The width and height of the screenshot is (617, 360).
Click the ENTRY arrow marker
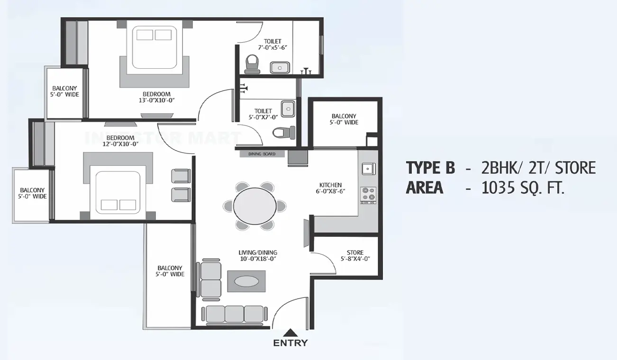pyautogui.click(x=290, y=333)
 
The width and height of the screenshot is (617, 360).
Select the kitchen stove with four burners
pyautogui.click(x=368, y=194)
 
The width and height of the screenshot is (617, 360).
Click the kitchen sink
pyautogui.click(x=368, y=168)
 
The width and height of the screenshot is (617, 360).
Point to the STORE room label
pyautogui.click(x=355, y=256)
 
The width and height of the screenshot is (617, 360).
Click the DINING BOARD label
pyautogui.click(x=262, y=154)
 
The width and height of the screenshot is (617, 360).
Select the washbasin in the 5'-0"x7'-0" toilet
pyautogui.click(x=288, y=109)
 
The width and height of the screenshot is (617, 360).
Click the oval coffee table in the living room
pyautogui.click(x=246, y=281)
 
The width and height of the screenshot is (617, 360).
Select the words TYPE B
pyautogui.click(x=430, y=168)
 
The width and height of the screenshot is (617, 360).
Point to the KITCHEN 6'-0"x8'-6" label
pyautogui.click(x=331, y=188)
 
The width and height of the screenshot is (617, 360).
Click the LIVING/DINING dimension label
pyautogui.click(x=257, y=256)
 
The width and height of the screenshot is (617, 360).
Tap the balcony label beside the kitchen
pyautogui.click(x=344, y=119)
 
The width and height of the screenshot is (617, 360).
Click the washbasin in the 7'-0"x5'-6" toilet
pyautogui.click(x=280, y=68)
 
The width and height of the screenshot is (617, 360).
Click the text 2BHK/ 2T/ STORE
pyautogui.click(x=538, y=168)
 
